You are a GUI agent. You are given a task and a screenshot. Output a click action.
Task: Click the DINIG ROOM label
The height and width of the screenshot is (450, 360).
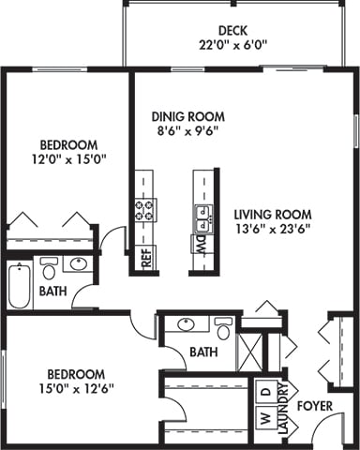[187, 117]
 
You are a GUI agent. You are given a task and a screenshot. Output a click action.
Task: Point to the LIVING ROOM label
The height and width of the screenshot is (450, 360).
[272, 213]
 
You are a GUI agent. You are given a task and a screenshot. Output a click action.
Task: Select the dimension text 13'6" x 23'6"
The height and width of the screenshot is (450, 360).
[272, 228]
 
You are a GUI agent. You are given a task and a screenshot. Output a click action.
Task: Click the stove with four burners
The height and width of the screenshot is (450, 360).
[145, 210]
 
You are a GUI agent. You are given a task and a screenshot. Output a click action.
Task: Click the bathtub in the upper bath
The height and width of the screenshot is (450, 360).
[20, 285]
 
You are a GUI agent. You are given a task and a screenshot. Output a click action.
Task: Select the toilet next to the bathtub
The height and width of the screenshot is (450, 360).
[50, 266]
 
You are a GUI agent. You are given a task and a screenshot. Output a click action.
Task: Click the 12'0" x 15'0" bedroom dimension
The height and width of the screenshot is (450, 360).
[67, 159]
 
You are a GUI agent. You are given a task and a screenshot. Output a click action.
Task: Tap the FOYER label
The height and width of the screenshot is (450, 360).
[315, 406]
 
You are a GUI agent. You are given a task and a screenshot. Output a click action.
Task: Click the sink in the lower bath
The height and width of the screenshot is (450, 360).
[187, 325]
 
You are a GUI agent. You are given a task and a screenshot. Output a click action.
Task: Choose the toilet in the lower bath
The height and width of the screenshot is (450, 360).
[223, 330]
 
